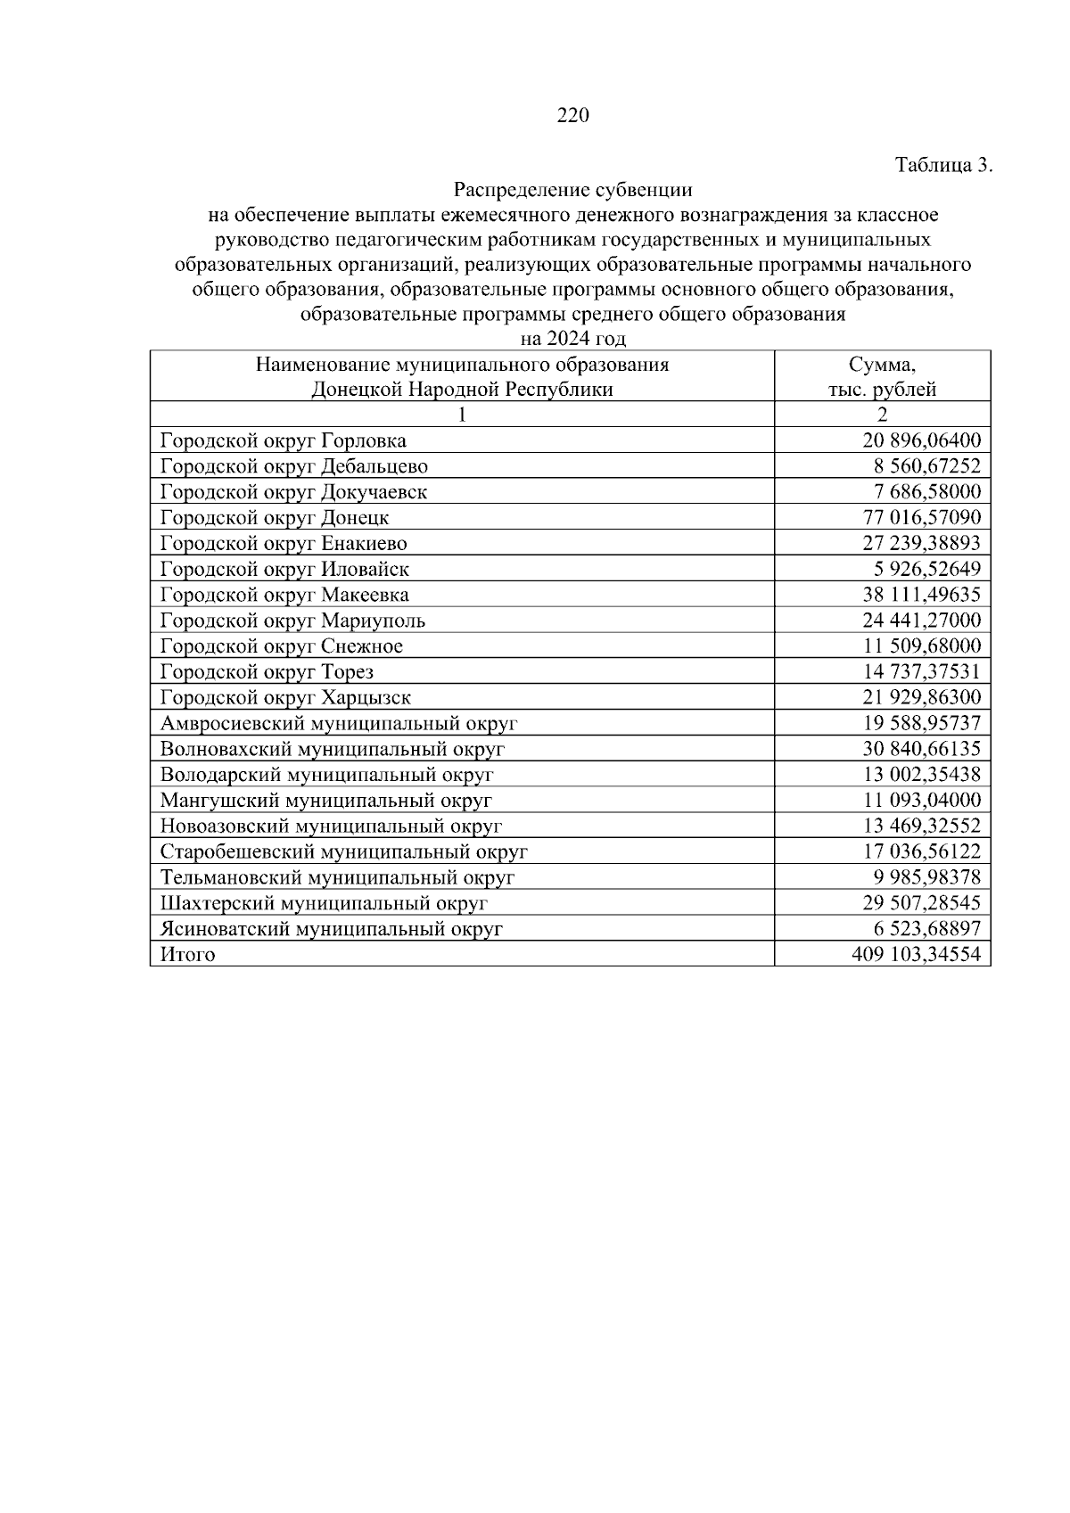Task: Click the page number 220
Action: point(572,116)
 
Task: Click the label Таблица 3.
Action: point(942,165)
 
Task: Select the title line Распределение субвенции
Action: point(572,190)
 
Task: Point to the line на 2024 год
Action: point(572,339)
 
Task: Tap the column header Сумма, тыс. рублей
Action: point(882,377)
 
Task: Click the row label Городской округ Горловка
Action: point(283,440)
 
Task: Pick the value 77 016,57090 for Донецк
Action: point(921,518)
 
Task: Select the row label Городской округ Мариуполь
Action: point(292,621)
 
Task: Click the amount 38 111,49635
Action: point(921,595)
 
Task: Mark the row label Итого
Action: point(187,955)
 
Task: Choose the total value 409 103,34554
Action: point(916,955)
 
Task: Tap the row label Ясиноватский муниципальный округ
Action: point(331,929)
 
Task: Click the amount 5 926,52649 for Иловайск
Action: point(926,569)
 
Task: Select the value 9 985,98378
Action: point(926,877)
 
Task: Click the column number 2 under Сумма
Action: point(882,415)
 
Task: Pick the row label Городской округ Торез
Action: point(267,672)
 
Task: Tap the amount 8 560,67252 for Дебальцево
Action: point(926,466)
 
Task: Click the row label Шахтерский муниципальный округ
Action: point(324,903)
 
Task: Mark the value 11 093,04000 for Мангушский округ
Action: point(921,801)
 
